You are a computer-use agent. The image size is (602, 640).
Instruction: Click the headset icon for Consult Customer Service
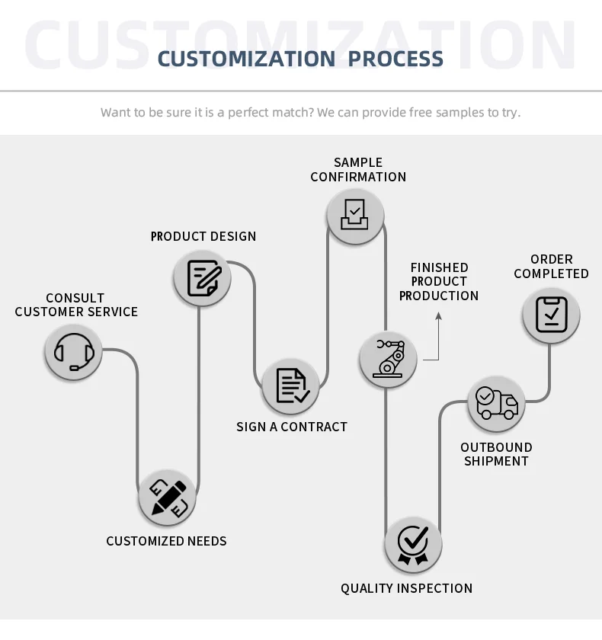(73, 352)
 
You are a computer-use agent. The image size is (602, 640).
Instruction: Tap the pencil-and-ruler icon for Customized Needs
(168, 498)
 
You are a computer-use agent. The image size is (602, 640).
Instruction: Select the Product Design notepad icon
(203, 278)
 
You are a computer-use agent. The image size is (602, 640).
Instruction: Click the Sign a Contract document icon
(290, 386)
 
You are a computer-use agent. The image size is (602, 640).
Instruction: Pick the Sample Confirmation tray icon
(355, 215)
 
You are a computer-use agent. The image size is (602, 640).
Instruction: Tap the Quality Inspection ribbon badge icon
(413, 545)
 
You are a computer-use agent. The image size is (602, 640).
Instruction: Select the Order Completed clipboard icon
(551, 314)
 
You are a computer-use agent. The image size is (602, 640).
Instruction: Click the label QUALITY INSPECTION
(406, 588)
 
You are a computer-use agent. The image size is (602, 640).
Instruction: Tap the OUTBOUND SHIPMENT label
(496, 454)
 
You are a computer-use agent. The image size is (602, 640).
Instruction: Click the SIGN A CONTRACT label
(292, 427)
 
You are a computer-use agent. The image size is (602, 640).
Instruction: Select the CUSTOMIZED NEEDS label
(166, 541)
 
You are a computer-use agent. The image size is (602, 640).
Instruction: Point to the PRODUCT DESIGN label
(203, 236)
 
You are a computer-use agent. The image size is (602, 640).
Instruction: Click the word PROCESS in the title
(396, 59)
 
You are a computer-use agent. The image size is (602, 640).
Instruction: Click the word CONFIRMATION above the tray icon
(358, 177)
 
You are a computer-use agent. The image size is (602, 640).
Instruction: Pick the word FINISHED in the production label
(439, 267)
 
